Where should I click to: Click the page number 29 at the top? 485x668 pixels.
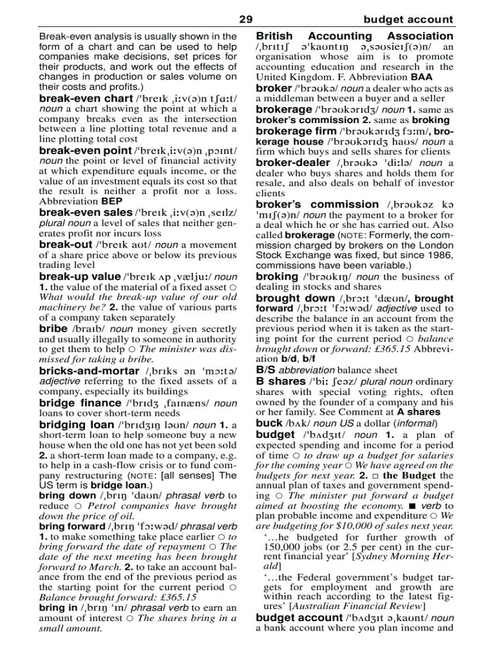(245, 20)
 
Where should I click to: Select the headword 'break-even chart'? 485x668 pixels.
(86, 98)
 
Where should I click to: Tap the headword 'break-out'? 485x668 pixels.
(65, 244)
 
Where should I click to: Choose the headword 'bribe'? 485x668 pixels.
(53, 328)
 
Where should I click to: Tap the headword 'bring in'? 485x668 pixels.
(58, 607)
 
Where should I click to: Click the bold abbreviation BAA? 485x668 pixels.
(421, 77)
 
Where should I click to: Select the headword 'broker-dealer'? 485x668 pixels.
(292, 162)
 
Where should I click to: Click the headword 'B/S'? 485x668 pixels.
(265, 370)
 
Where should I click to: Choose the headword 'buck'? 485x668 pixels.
(269, 423)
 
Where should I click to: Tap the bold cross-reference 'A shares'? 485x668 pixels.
(418, 412)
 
